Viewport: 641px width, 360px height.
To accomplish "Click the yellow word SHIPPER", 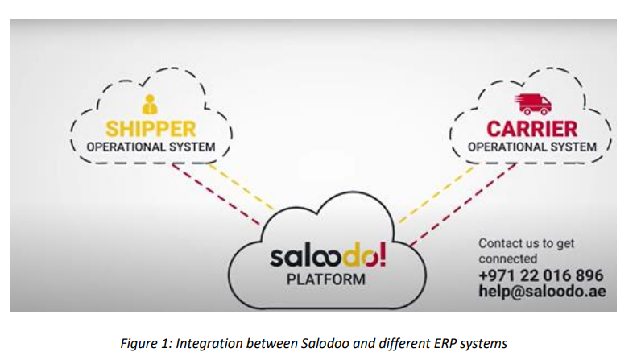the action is pyautogui.click(x=151, y=129).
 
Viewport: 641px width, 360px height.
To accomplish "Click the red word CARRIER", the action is pyautogui.click(x=531, y=129).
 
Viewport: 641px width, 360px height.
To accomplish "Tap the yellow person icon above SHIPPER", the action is pyautogui.click(x=150, y=104).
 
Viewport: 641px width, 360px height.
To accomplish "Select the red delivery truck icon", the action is pyautogui.click(x=532, y=104).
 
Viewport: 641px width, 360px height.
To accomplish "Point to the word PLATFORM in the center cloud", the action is pyautogui.click(x=326, y=279).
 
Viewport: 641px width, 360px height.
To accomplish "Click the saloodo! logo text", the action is pyautogui.click(x=328, y=255).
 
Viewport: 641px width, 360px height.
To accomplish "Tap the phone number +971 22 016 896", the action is pyautogui.click(x=541, y=275).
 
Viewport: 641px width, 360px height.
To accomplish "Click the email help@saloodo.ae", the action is pyautogui.click(x=542, y=291).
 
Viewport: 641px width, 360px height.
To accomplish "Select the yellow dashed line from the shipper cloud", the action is pyautogui.click(x=242, y=187).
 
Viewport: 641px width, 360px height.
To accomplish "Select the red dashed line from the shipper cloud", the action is pyautogui.click(x=216, y=195).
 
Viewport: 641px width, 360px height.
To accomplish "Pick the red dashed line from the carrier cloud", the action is pyautogui.click(x=463, y=205).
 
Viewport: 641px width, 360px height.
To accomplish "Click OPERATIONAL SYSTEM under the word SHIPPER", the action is pyautogui.click(x=151, y=147).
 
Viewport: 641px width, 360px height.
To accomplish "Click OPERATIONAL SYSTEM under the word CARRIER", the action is pyautogui.click(x=531, y=147).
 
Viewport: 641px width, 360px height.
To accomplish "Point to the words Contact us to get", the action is pyautogui.click(x=526, y=243).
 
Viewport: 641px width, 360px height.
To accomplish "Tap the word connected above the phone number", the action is pyautogui.click(x=508, y=259).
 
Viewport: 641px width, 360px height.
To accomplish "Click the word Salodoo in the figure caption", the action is pyautogui.click(x=325, y=343).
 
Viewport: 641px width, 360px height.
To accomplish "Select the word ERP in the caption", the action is pyautogui.click(x=445, y=343).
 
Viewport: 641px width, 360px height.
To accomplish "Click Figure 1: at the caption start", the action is pyautogui.click(x=146, y=344).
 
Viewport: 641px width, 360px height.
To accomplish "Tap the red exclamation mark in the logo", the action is pyautogui.click(x=383, y=254).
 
